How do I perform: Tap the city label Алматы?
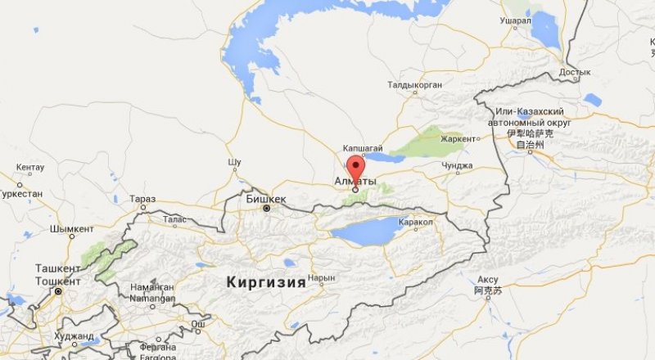[x=355, y=181]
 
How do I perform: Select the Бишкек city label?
[x=266, y=199]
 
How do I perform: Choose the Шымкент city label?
[x=71, y=229]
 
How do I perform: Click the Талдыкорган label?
[x=415, y=85]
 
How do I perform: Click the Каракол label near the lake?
[x=415, y=222]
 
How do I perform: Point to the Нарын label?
[x=322, y=278]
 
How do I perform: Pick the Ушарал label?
[x=516, y=20]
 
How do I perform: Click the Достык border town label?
[x=574, y=72]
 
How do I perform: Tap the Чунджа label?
[x=457, y=165]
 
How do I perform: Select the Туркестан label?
[x=20, y=195]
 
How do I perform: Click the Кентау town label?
[x=31, y=167]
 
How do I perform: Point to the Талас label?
[x=174, y=219]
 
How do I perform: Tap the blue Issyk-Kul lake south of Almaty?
[x=368, y=231]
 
